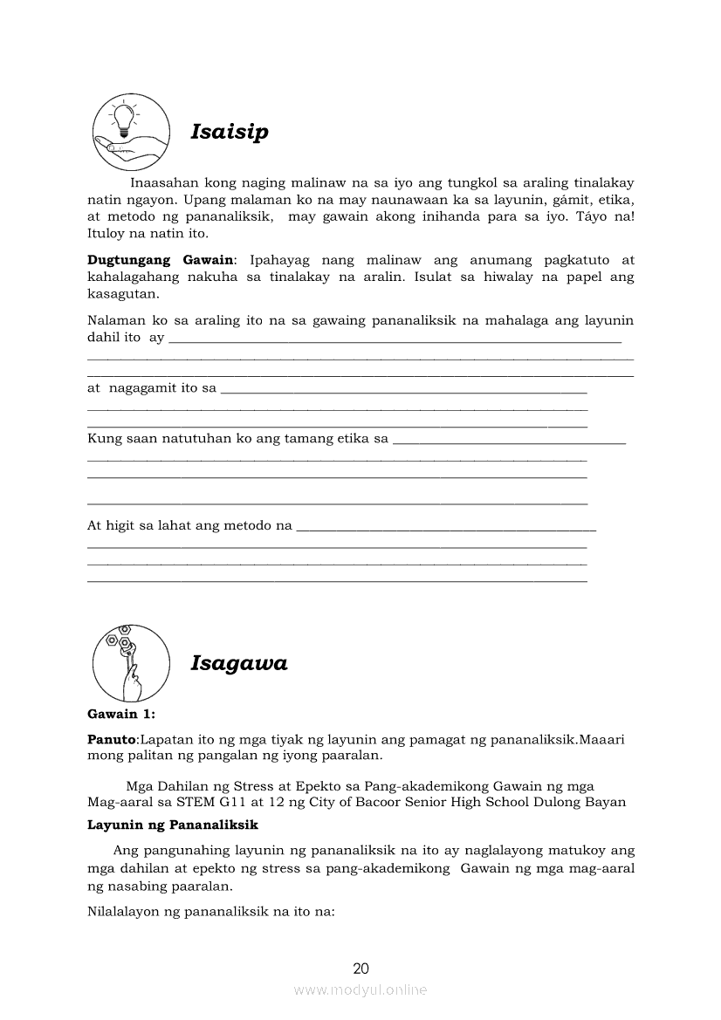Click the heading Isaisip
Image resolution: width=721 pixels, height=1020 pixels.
coord(230,132)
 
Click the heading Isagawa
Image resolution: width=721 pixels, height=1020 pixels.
coord(238,663)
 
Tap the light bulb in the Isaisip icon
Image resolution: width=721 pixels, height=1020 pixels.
coord(124,120)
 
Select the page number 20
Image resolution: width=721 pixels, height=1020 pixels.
coord(360,968)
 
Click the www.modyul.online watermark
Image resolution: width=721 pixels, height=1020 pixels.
coord(360,989)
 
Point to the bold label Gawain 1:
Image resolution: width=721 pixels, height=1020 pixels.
coord(121,715)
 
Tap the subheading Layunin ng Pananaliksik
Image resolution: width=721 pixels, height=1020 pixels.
coord(166,825)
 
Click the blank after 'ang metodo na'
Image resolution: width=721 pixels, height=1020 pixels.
coord(446,529)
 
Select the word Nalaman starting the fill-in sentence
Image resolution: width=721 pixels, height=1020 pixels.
coord(114,321)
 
